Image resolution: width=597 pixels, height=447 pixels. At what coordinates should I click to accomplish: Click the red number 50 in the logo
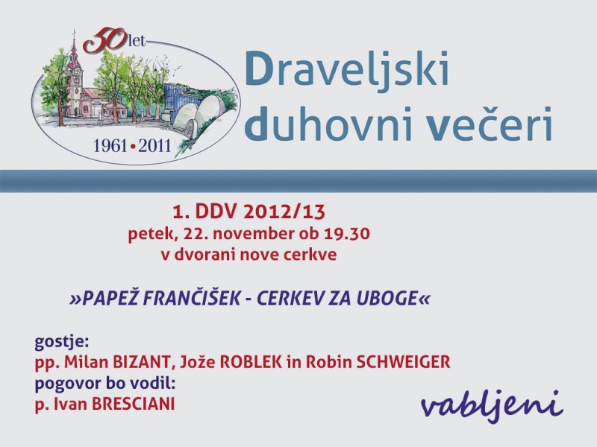[104, 41]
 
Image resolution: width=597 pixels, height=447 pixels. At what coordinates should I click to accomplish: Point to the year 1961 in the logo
[110, 146]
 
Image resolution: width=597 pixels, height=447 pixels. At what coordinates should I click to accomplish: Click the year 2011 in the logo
[154, 146]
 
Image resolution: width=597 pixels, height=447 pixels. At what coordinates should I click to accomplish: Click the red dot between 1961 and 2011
[133, 147]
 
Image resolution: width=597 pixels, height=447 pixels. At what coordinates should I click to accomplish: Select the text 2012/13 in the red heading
[284, 212]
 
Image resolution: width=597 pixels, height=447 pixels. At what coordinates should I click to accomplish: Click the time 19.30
[347, 233]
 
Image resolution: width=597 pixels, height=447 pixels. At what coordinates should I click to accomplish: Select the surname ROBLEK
[251, 362]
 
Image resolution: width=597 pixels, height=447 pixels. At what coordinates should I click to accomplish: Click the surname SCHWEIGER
[403, 362]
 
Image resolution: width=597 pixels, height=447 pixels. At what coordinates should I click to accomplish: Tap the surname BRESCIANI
[134, 404]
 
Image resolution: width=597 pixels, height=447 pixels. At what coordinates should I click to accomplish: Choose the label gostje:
[62, 342]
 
